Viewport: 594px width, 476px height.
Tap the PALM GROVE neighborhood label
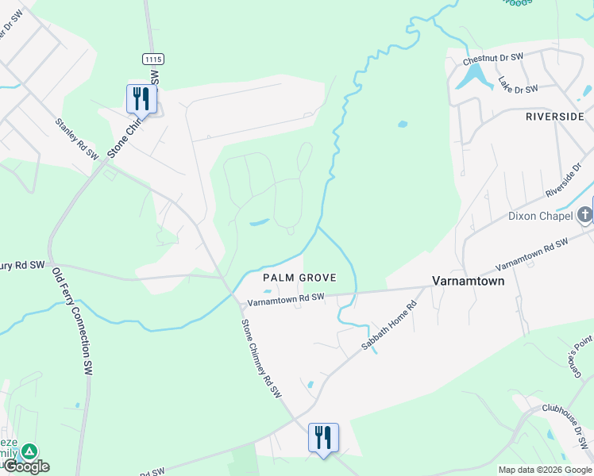(x=300, y=278)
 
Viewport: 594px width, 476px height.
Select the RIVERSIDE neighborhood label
(x=555, y=117)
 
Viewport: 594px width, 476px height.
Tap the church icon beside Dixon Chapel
(x=584, y=214)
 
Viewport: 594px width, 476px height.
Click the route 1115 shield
(x=152, y=59)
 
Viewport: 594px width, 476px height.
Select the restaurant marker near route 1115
(x=141, y=99)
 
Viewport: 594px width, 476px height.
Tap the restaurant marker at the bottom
(x=323, y=437)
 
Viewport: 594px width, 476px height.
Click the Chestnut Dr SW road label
(x=494, y=57)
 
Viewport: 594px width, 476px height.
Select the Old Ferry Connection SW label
(x=72, y=321)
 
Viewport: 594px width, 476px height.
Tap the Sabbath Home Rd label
(x=389, y=325)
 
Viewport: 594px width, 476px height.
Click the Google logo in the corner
(x=26, y=466)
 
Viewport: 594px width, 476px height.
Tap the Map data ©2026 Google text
(x=545, y=470)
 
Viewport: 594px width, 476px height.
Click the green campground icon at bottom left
(x=29, y=451)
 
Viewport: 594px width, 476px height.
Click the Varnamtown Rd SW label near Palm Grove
(x=286, y=299)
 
